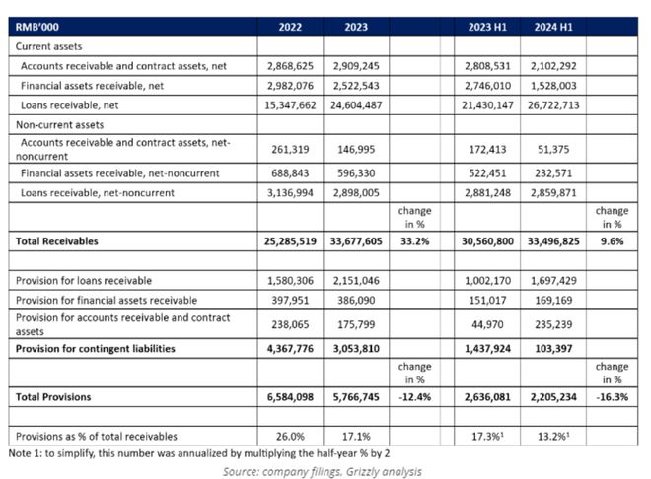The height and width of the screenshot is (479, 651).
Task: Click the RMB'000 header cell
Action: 36,27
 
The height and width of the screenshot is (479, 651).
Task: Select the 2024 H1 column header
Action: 553,27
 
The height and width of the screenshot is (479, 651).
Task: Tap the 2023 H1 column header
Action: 487,27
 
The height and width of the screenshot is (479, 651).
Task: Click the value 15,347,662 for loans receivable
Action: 290,105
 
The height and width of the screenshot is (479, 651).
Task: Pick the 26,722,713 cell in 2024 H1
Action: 553,105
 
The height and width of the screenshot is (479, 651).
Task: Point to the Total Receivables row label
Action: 57,241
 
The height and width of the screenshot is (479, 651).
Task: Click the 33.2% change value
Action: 414,241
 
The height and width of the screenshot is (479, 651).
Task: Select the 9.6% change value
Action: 612,241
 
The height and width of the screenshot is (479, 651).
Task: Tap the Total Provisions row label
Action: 53,397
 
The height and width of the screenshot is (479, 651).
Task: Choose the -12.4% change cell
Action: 414,397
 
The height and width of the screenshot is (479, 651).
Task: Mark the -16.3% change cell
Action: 612,397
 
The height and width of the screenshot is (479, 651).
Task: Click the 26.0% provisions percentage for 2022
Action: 290,437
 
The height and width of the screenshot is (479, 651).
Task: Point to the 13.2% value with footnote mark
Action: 553,437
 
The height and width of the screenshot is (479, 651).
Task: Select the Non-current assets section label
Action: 59,125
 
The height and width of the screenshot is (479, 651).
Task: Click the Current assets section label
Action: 48,46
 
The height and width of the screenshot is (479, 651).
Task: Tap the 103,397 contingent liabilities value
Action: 553,348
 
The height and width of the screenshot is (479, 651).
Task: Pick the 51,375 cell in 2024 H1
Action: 553,149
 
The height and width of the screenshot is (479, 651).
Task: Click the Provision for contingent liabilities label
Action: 95,348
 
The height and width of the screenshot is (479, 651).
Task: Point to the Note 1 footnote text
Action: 199,453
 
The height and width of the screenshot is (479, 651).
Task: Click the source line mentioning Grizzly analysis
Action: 323,471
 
